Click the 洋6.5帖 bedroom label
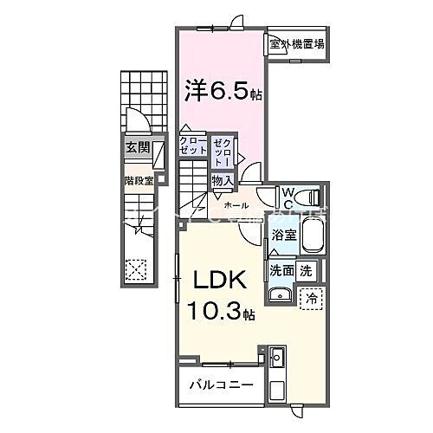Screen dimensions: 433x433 (x=223, y=89)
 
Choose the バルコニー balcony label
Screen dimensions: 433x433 (x=216, y=383)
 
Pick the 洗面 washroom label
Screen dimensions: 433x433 (x=281, y=270)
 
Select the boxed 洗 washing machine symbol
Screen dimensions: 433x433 (x=307, y=270)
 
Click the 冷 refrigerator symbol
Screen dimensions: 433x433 (x=310, y=296)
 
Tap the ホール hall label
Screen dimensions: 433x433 (x=236, y=205)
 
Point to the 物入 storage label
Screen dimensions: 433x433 (x=223, y=180)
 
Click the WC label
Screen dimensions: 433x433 (x=287, y=197)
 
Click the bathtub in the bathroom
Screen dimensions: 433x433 (x=309, y=234)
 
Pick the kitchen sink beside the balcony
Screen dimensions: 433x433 (x=277, y=357)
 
